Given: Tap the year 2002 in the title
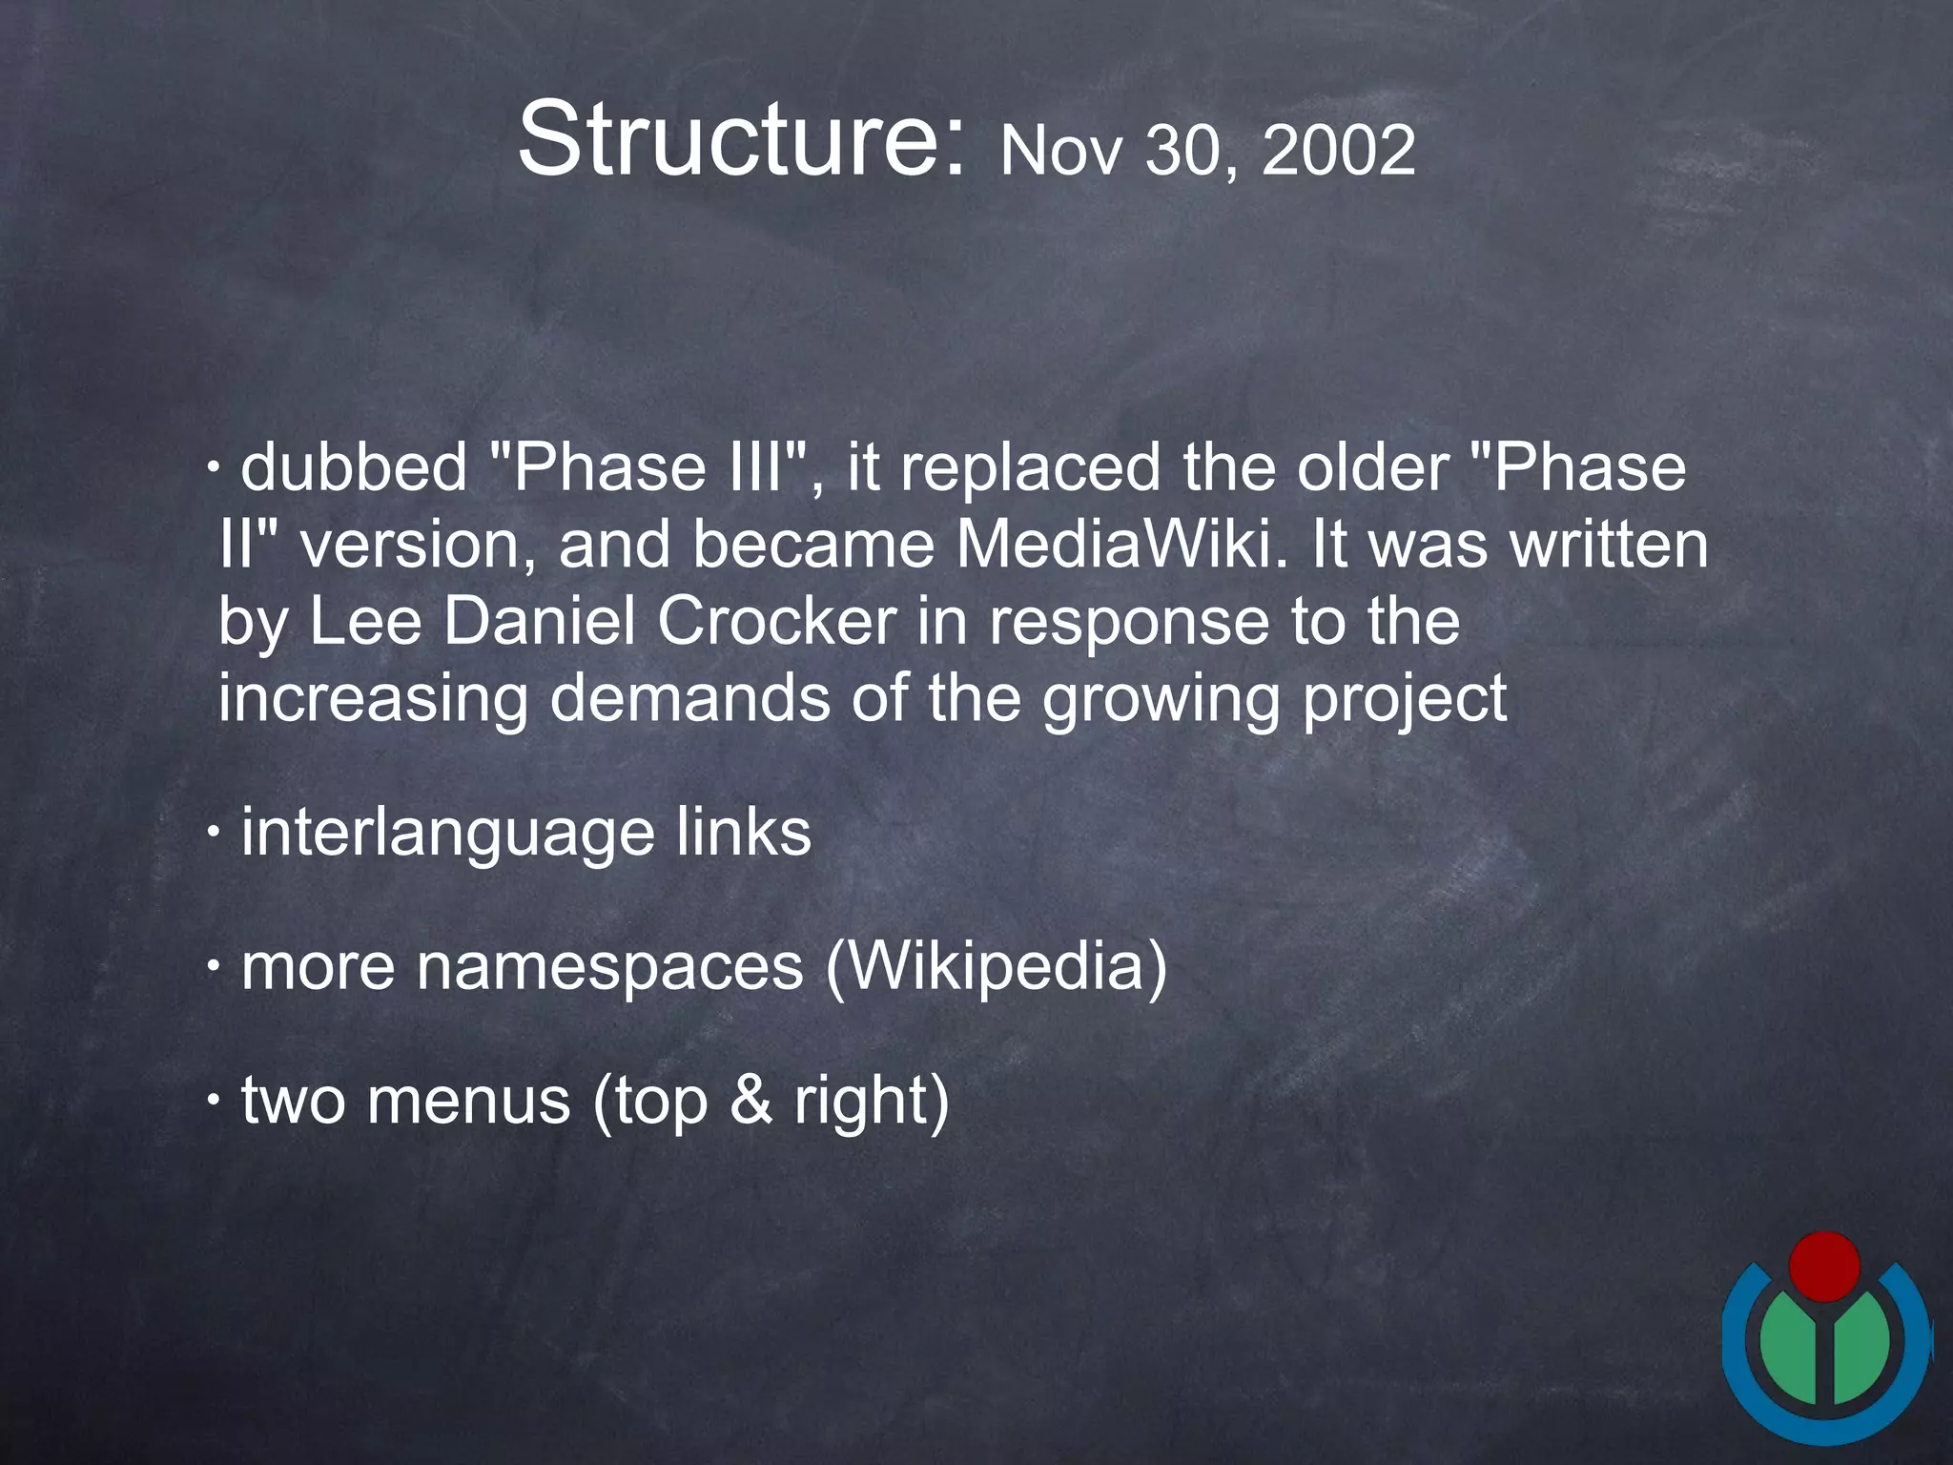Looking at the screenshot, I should [1338, 151].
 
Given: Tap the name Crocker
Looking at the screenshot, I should [776, 621].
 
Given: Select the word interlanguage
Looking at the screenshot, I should [447, 832].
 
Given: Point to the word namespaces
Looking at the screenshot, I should [610, 966].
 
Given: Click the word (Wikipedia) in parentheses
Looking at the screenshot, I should [996, 966].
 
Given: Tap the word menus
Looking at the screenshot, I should [468, 1100].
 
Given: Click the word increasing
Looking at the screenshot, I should [373, 699].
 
